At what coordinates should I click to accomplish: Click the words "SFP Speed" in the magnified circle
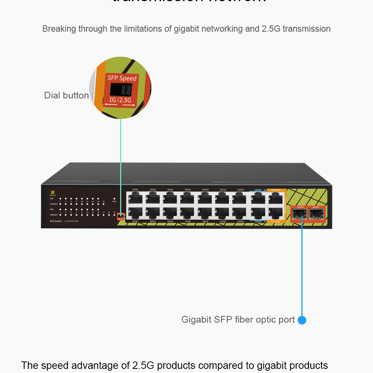[x=122, y=78]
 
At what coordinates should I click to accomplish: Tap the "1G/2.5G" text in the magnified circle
[x=120, y=100]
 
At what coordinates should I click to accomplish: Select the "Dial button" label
[x=66, y=95]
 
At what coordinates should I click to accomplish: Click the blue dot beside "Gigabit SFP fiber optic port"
[x=302, y=320]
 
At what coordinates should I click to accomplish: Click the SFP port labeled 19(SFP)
[x=299, y=214]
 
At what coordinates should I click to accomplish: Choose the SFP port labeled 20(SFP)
[x=316, y=214]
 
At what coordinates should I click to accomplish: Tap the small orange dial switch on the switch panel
[x=120, y=216]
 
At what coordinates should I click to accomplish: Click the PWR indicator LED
[x=114, y=204]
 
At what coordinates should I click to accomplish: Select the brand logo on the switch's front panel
[x=52, y=193]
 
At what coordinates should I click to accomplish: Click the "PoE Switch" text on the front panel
[x=56, y=221]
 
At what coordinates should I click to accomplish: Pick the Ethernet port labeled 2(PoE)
[x=135, y=198]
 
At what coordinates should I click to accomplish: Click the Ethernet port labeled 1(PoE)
[x=135, y=213]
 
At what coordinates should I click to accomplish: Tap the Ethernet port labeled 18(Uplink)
[x=275, y=198]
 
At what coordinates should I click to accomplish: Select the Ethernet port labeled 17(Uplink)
[x=275, y=213]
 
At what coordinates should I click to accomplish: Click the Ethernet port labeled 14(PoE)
[x=240, y=198]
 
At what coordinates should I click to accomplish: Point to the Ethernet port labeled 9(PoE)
[x=205, y=213]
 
